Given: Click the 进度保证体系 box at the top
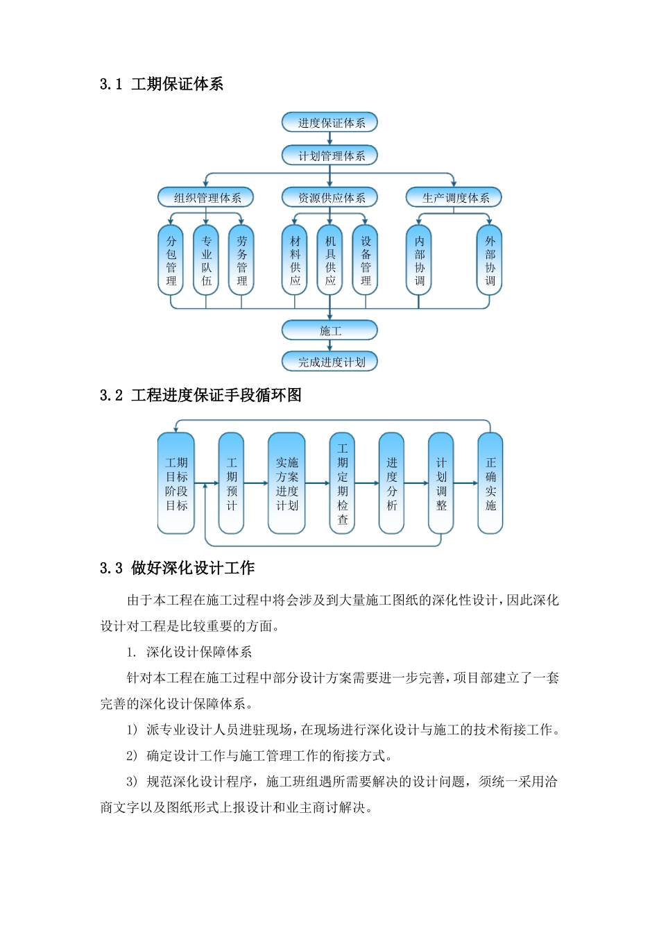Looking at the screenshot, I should coord(329,123).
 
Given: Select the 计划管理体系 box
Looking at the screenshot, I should coord(329,155).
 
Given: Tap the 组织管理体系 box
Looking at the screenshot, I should coord(205,198).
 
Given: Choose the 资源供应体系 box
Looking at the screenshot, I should coord(329,198).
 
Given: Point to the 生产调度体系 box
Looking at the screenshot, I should coord(454,198).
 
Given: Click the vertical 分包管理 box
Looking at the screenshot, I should coord(171,260).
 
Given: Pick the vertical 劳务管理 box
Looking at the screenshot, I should coord(241,260).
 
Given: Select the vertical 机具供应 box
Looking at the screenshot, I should coord(330,260).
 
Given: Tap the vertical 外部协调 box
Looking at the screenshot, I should coord(490,260).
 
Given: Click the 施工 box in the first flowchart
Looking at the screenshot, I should coord(329,330).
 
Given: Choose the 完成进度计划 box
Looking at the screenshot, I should coord(329,362).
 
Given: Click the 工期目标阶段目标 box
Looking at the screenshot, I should coord(176,483).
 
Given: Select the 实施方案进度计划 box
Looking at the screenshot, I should coord(286,483).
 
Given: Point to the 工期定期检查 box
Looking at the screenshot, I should coord(342,483).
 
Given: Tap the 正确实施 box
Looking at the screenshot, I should coord(490,483).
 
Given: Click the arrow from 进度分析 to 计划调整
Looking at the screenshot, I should coord(416,483).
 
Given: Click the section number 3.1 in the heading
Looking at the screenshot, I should coord(111,85).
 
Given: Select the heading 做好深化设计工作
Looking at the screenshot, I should coord(193,568).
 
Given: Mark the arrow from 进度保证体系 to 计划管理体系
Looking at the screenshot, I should coord(329,139).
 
